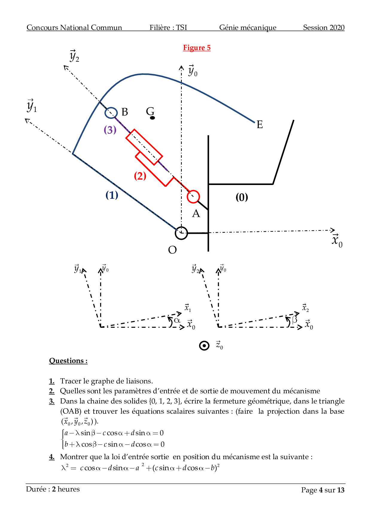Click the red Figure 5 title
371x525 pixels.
coord(197,48)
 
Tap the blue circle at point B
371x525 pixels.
coord(111,113)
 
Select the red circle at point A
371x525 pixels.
coord(193,197)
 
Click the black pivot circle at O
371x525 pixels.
coord(181,233)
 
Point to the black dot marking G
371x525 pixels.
coord(152,118)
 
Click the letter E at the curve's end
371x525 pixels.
coord(259,125)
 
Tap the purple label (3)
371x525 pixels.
coord(110,130)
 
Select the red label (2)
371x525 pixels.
coord(140,176)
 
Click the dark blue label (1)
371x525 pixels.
coord(112,195)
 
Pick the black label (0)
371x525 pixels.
coord(242,197)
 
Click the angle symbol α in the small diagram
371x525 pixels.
coord(177,320)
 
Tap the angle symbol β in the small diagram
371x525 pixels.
coord(295,320)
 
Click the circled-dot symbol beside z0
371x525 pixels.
coord(204,346)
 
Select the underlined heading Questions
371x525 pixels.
coord(68,361)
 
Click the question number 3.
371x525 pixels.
coord(52,401)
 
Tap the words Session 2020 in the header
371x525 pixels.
coord(324,28)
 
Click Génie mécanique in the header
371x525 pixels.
coord(248,28)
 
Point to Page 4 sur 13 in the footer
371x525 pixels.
coord(323,490)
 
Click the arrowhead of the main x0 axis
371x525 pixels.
coord(333,230)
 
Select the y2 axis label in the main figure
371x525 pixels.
coord(74,56)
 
